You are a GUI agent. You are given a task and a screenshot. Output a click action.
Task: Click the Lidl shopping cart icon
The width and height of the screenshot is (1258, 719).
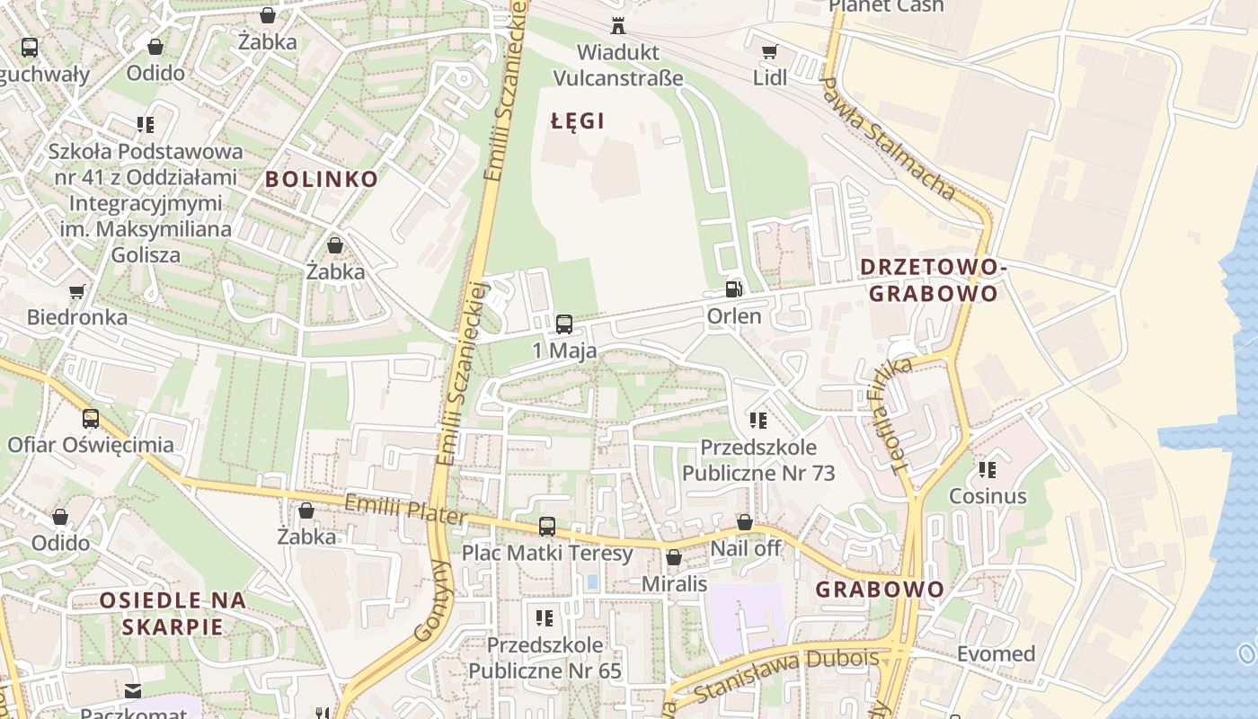(769, 52)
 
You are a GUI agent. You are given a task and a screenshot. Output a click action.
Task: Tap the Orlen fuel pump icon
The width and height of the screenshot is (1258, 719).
(734, 289)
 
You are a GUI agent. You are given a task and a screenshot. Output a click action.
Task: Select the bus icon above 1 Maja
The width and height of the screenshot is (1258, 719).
(564, 324)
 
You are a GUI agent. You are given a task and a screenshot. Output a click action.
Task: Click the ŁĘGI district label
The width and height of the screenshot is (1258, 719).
(578, 121)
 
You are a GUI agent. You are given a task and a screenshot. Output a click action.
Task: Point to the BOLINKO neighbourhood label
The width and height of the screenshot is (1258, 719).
(322, 179)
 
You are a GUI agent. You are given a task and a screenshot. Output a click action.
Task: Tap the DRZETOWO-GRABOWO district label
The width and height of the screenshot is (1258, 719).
(934, 280)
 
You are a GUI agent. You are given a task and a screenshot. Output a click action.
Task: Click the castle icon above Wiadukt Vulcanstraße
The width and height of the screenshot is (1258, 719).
(617, 26)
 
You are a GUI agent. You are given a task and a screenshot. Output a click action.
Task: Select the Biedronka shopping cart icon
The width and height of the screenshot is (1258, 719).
(77, 291)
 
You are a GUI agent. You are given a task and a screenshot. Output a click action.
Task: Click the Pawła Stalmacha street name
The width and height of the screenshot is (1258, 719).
(888, 138)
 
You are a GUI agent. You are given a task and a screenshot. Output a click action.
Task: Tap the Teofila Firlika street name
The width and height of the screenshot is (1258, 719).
(901, 414)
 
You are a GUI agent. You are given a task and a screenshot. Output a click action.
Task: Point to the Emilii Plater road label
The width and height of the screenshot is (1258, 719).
(405, 510)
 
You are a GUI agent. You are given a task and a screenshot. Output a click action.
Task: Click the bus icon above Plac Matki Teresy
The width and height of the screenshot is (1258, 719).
(547, 527)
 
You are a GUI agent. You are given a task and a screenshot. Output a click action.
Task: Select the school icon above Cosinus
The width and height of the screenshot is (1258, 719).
(988, 470)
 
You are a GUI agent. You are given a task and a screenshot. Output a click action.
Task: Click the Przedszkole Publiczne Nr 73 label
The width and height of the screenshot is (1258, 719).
(758, 460)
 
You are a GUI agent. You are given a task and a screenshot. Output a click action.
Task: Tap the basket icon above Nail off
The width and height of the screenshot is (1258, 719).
(744, 522)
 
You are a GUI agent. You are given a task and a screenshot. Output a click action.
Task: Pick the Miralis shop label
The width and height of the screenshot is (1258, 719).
(674, 583)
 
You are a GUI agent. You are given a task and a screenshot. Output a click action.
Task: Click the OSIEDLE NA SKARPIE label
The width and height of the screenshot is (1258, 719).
(173, 613)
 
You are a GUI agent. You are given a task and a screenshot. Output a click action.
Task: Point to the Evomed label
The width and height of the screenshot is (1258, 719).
(996, 653)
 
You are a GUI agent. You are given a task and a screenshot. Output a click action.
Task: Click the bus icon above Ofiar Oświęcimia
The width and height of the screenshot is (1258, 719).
(91, 419)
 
